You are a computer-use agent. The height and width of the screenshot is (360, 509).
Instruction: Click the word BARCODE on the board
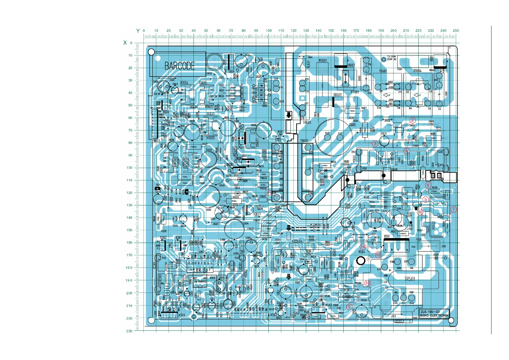point(180,66)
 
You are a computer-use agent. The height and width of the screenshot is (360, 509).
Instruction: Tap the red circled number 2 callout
point(413,120)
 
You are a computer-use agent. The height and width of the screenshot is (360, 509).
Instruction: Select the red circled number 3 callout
point(375,143)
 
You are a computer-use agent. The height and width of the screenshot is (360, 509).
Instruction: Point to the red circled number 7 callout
point(453,209)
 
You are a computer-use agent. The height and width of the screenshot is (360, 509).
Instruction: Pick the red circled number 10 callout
point(367,283)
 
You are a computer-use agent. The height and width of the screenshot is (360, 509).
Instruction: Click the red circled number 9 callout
point(349,307)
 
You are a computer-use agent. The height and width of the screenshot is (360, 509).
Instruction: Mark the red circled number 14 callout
point(363,247)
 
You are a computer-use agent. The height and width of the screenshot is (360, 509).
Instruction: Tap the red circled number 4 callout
point(268,192)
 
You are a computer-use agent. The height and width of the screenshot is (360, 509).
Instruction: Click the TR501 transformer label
point(410,279)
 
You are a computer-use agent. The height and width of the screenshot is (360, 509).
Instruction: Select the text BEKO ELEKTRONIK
point(434,316)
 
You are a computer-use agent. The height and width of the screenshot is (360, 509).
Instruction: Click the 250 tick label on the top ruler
point(456,31)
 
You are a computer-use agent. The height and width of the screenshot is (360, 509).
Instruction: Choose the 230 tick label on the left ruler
point(129,331)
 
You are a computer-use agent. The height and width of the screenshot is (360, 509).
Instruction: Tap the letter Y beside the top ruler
point(138,31)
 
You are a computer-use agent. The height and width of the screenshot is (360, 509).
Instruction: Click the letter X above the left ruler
point(125,43)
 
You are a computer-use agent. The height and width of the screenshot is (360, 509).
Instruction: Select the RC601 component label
point(323,61)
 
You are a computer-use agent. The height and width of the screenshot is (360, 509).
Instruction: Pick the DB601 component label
point(338,95)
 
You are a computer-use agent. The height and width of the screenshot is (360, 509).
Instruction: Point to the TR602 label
point(304,141)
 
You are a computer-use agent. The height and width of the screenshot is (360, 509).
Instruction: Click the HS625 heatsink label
point(211,138)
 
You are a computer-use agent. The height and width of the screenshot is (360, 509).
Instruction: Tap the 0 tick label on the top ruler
point(144,31)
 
